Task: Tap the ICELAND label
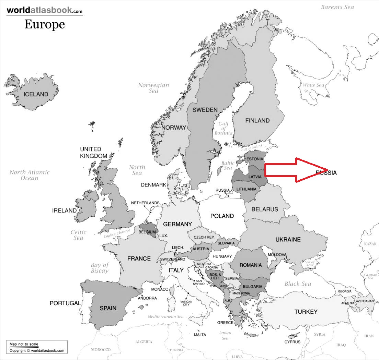pos(36,94)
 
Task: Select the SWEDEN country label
pos(205,110)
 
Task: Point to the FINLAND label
pos(257,121)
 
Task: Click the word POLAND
pos(222,216)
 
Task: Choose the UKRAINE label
pos(288,240)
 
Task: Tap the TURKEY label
pos(306,312)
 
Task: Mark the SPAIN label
pos(108,308)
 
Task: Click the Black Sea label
pos(298,284)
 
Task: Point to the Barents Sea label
pos(337,7)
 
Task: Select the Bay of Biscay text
pos(100,268)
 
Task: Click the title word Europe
pos(45,24)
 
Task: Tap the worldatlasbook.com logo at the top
pos(45,10)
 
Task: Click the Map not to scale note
pos(24,344)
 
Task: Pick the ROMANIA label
pos(251,265)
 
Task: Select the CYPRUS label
pos(292,342)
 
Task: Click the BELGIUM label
pos(147,232)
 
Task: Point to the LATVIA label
pos(255,177)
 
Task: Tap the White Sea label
pos(313,85)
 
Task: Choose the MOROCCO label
pos(101,350)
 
